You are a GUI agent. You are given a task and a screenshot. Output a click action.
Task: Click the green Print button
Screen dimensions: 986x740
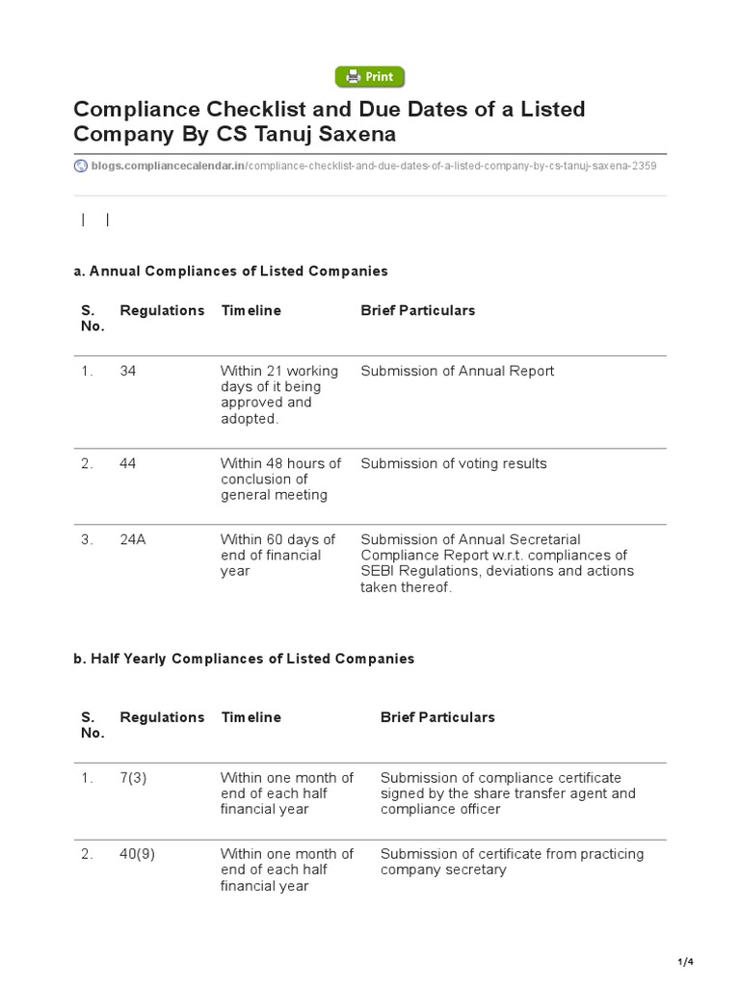(370, 77)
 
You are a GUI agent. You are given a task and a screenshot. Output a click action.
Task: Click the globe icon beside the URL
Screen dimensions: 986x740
(80, 166)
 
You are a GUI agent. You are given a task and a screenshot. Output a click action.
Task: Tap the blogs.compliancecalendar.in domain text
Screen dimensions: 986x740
(168, 166)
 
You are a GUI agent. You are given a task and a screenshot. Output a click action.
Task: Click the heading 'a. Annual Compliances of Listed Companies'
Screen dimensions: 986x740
(230, 272)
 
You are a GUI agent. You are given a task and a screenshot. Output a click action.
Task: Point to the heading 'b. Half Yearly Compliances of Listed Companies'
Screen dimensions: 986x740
(244, 659)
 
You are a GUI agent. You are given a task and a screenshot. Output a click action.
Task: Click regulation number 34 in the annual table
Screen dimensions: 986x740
(128, 371)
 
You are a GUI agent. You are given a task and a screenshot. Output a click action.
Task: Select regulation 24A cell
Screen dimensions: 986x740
(133, 539)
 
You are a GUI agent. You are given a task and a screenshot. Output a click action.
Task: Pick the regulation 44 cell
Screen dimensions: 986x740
(128, 463)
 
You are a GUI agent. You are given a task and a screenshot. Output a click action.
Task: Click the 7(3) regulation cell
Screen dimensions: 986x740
(133, 777)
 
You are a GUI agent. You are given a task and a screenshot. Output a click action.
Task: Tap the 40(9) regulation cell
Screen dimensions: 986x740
(137, 853)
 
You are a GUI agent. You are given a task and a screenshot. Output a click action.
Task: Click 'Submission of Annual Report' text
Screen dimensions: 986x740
(457, 371)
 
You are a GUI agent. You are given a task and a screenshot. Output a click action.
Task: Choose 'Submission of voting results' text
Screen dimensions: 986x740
(453, 463)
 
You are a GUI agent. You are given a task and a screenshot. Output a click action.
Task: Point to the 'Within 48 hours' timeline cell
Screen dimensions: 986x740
(280, 479)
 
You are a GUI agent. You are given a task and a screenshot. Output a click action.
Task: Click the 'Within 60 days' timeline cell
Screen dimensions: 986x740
(277, 555)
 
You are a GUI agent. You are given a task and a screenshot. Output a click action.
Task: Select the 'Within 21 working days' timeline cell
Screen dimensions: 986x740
(278, 395)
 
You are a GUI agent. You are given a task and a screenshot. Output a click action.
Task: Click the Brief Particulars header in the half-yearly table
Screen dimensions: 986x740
(437, 717)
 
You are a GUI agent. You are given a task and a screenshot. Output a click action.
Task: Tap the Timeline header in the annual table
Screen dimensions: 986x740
(251, 310)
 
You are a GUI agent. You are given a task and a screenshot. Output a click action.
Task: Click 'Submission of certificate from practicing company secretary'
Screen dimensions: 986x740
(512, 862)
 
